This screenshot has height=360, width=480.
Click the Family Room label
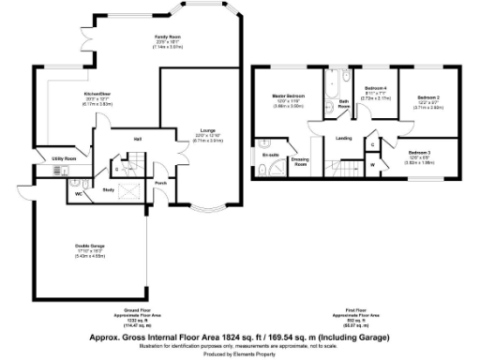pyautogui.click(x=168, y=36)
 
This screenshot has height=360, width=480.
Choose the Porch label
pyautogui.click(x=160, y=183)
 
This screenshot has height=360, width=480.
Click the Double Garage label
pyautogui.click(x=91, y=247)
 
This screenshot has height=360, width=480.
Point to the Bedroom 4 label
pyautogui.click(x=376, y=87)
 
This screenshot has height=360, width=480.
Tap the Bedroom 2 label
pyautogui.click(x=429, y=97)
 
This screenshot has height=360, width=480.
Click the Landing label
pyautogui.click(x=344, y=139)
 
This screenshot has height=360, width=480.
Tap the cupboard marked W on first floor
pyautogui.click(x=372, y=165)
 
